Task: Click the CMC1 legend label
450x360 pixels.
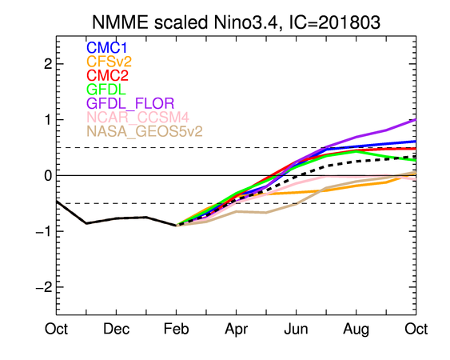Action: [x=106, y=48]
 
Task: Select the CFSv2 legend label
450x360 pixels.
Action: [x=109, y=62]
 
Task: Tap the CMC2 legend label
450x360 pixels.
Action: [x=107, y=75]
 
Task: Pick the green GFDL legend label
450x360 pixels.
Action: [x=106, y=89]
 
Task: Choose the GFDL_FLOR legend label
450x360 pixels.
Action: [x=130, y=103]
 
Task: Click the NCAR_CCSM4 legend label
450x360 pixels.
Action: [x=137, y=117]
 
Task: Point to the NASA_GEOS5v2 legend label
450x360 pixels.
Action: [x=145, y=131]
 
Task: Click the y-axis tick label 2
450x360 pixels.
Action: [x=48, y=64]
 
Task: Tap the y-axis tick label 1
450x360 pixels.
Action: [x=48, y=119]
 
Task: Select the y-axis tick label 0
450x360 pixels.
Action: [x=48, y=175]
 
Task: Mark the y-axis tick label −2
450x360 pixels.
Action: [x=44, y=286]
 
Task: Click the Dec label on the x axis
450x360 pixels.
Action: [x=116, y=329]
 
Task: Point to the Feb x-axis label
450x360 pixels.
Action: [x=176, y=329]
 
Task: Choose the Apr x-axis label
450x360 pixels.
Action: [x=237, y=330]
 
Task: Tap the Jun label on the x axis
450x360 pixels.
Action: [x=296, y=329]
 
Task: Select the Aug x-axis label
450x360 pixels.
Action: [x=356, y=330]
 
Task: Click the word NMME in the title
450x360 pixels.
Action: [x=120, y=22]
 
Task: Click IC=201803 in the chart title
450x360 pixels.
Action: [x=335, y=22]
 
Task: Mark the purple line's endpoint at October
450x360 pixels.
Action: [x=416, y=119]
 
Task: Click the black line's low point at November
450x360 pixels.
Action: [x=86, y=223]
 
